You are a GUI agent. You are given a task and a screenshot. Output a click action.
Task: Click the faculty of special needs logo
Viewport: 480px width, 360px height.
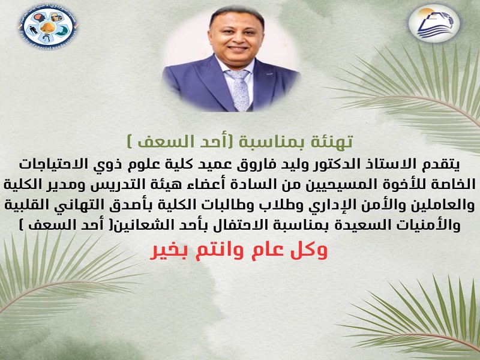point(48,25)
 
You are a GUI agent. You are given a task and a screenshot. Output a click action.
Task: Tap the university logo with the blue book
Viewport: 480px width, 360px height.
point(434,23)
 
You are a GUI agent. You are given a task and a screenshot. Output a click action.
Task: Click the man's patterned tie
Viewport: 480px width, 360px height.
point(241,89)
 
